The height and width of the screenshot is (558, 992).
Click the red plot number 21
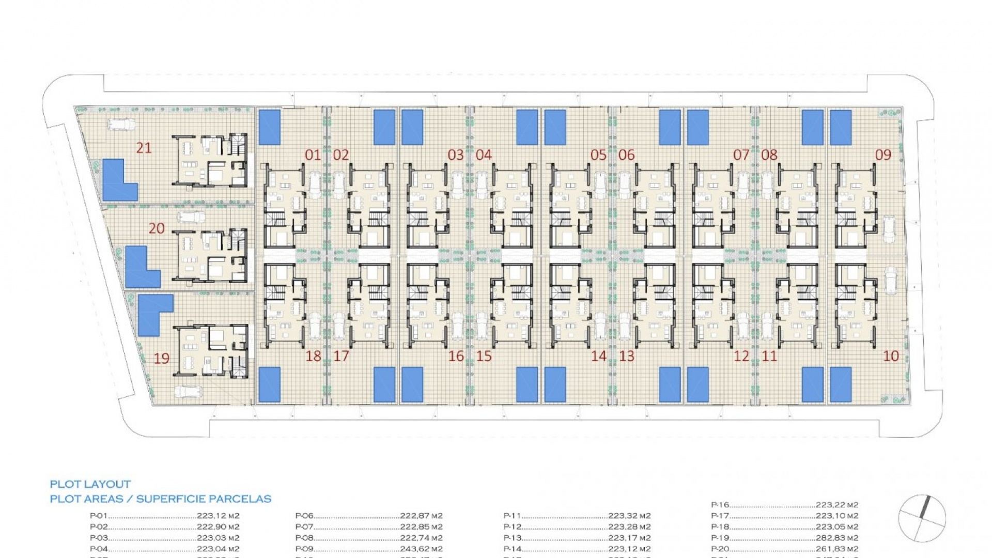[x=144, y=148]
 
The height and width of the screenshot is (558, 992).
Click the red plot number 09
[x=883, y=154]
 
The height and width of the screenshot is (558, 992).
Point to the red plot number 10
[x=891, y=355]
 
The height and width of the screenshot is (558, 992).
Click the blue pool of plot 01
[x=269, y=127]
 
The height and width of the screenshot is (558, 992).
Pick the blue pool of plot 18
[x=269, y=384]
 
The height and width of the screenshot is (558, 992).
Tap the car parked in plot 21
[x=121, y=125]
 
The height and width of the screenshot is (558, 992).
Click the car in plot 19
[x=188, y=392]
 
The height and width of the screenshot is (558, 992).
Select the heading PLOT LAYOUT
[x=90, y=484]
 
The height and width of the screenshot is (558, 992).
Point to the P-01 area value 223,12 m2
[x=218, y=516]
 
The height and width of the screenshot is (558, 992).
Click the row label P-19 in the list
[x=720, y=538]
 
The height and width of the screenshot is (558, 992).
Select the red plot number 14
[x=598, y=355]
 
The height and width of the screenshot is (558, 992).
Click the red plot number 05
[x=598, y=154]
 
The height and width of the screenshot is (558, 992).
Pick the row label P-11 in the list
[x=512, y=516]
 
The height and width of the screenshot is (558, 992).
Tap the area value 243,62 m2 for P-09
[x=421, y=549]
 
